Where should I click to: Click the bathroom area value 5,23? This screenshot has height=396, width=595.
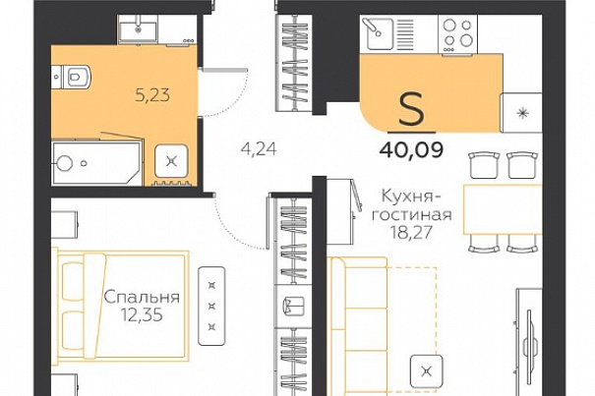point(152,95)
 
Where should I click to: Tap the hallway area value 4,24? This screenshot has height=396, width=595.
point(259,149)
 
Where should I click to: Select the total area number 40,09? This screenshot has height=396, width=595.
point(411,150)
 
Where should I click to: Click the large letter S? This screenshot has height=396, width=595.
point(411,110)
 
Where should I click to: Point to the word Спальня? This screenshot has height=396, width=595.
point(142,297)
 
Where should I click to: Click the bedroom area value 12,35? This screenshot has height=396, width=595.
point(142,314)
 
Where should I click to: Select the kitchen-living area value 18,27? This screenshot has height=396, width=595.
point(412,232)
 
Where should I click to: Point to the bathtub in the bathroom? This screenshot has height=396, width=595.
point(97,163)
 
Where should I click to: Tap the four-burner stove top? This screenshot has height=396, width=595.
point(458,34)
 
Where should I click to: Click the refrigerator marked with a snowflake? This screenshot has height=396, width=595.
point(522,113)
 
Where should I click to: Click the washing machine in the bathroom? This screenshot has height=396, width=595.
point(171,162)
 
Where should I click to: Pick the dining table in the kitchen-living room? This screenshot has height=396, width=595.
point(503,209)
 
